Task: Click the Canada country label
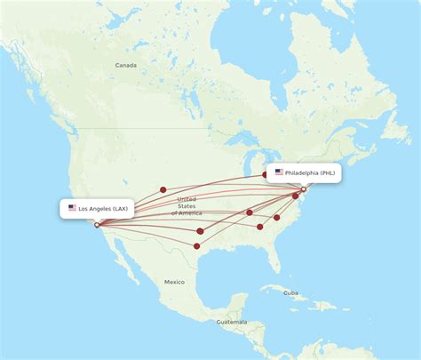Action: click(125, 65)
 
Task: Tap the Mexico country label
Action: click(174, 282)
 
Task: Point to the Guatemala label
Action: click(230, 322)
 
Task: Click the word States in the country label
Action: click(187, 206)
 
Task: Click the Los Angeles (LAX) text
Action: click(103, 208)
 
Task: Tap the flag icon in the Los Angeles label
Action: click(72, 208)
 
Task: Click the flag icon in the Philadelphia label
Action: click(279, 172)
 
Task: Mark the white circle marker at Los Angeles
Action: click(98, 225)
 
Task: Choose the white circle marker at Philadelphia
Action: click(303, 189)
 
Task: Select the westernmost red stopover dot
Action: click(163, 189)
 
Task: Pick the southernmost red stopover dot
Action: click(196, 245)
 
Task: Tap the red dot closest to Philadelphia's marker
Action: click(296, 196)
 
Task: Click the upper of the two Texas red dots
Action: click(200, 231)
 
